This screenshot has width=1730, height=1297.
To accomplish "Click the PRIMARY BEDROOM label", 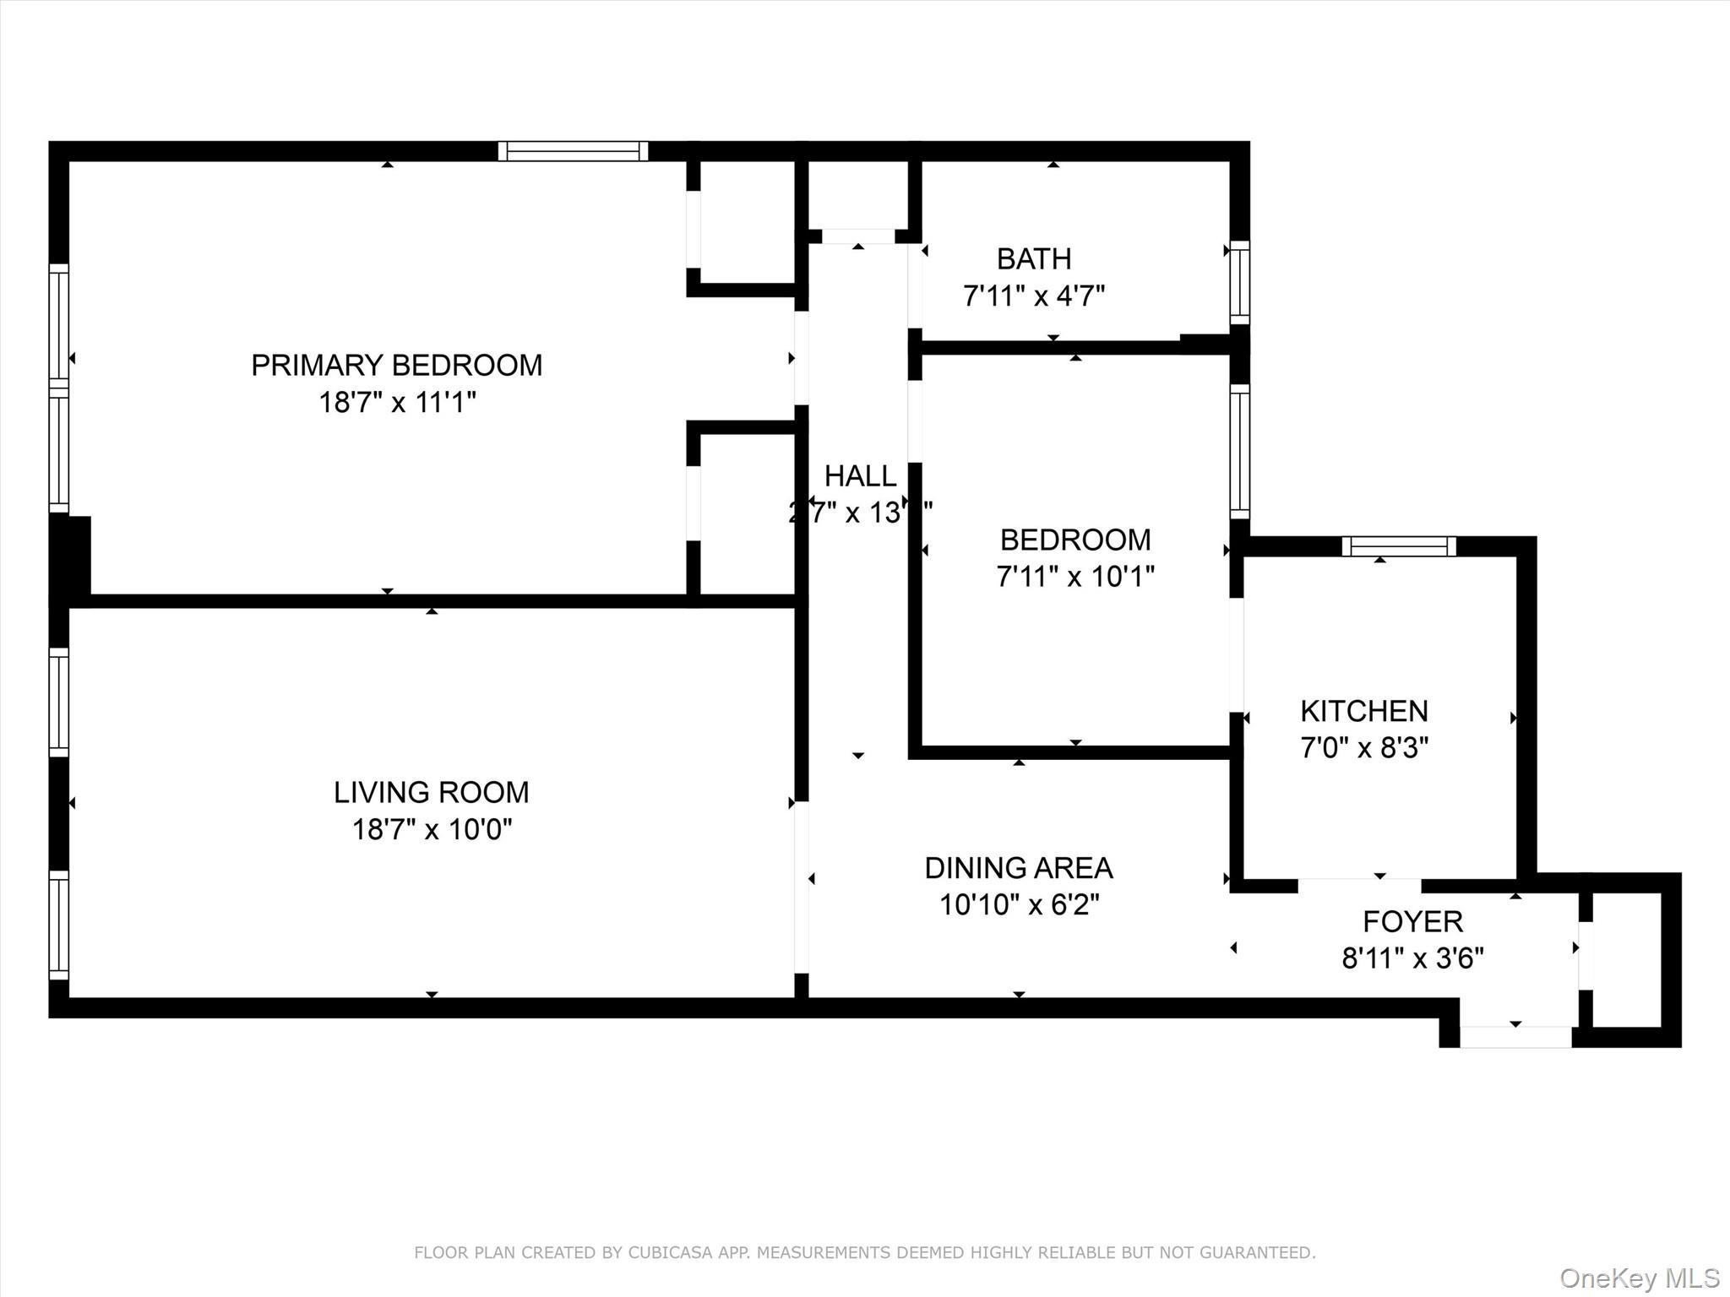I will (396, 365).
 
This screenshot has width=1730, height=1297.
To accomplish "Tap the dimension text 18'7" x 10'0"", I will (432, 829).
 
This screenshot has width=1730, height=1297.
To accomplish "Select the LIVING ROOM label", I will (431, 792).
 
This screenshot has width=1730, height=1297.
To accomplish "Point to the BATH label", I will (1034, 258).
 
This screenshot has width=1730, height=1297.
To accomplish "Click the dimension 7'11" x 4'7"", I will (1034, 296).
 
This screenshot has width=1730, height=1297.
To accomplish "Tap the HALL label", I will (860, 476).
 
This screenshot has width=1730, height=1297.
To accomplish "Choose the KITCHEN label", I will (1363, 711).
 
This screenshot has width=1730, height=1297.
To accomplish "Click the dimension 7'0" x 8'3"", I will (1363, 748).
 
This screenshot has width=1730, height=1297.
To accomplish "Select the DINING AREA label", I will (1019, 868).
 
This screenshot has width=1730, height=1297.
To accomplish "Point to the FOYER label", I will (1412, 921).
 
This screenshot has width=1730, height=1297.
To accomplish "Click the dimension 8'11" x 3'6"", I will (1412, 958).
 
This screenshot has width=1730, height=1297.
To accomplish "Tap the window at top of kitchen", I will (1399, 546).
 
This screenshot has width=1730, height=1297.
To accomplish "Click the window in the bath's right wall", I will (1239, 282).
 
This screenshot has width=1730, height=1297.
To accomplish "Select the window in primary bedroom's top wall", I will (573, 151).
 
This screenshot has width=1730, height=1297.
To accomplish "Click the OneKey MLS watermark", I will (1639, 1278).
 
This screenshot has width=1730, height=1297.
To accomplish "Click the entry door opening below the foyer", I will (1515, 1037).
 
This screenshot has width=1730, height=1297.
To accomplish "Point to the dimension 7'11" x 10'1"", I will (1074, 577).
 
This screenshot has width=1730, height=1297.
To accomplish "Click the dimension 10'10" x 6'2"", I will (1019, 905).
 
